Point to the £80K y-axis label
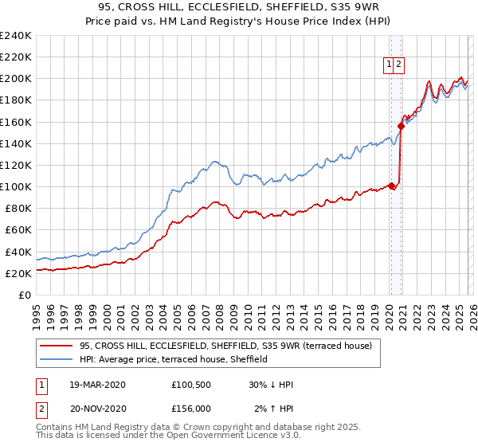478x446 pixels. point(18,209)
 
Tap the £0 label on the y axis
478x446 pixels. point(25,295)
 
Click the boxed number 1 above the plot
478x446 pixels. point(390,65)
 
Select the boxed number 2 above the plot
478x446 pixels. point(399,65)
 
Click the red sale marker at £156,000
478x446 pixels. point(401,126)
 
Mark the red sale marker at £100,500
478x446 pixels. point(392,186)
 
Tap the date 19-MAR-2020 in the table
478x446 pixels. point(97,385)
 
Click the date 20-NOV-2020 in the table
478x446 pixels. point(97,409)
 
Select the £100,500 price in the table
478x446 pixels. point(191,385)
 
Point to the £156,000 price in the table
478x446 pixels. point(191,409)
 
